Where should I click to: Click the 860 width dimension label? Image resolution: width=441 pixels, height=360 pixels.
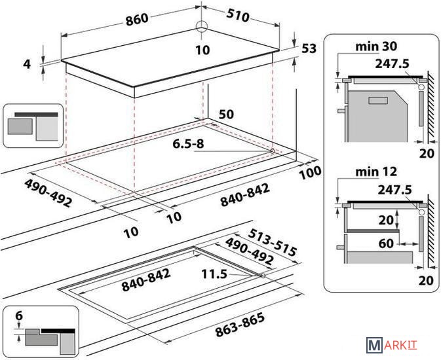(137, 19)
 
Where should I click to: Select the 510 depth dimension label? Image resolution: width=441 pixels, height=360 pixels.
(237, 16)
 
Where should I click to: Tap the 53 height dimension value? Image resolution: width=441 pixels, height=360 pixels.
(309, 48)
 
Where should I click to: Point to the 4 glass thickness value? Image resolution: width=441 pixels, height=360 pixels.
(26, 64)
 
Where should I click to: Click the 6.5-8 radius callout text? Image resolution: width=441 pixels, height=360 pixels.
(188, 144)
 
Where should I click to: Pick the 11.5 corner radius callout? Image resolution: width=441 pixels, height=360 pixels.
(214, 274)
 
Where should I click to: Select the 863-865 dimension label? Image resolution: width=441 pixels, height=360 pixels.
(240, 325)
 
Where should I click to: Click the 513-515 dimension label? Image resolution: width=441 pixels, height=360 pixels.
(272, 242)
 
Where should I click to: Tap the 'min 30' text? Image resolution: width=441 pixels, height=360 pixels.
(376, 46)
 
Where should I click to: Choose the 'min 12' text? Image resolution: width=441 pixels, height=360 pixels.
(376, 171)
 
